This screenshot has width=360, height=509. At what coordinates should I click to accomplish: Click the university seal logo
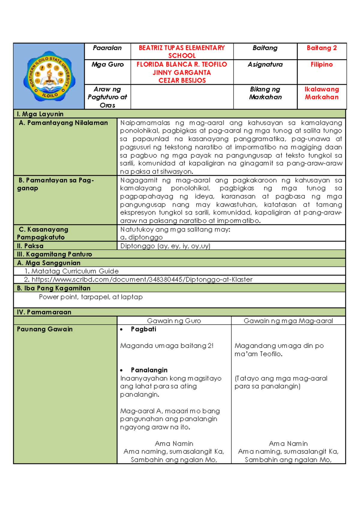pos(49,76)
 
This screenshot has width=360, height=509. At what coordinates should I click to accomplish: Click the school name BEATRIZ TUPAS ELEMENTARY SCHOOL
pos(182,52)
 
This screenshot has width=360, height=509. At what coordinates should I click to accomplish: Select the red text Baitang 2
pos(322,48)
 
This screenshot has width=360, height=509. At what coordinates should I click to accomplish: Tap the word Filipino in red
pos(322,65)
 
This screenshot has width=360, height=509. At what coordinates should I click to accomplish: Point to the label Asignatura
pos(265,65)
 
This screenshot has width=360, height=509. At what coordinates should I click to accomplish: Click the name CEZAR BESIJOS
pos(182,80)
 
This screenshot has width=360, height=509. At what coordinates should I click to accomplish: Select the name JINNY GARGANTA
pos(182,73)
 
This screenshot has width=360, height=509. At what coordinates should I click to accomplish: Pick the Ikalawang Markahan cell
pos(322,93)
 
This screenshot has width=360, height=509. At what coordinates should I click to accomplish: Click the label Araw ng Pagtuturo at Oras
pos(107,97)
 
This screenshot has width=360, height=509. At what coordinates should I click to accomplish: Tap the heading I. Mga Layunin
pos(40,114)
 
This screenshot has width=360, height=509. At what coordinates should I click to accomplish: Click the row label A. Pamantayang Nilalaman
pos(63,123)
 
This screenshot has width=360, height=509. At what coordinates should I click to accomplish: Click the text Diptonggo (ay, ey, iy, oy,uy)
pos(165,246)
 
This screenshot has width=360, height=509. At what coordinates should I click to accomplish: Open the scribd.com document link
pos(142,279)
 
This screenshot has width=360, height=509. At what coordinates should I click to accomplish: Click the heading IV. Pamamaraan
pos(44,312)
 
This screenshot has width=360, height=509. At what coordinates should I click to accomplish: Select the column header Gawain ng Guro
pos(174,321)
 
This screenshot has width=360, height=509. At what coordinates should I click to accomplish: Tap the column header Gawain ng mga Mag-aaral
pos(288,321)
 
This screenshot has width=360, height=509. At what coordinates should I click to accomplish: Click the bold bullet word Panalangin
pos(149,370)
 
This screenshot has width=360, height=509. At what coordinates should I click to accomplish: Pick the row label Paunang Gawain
pos(45,329)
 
